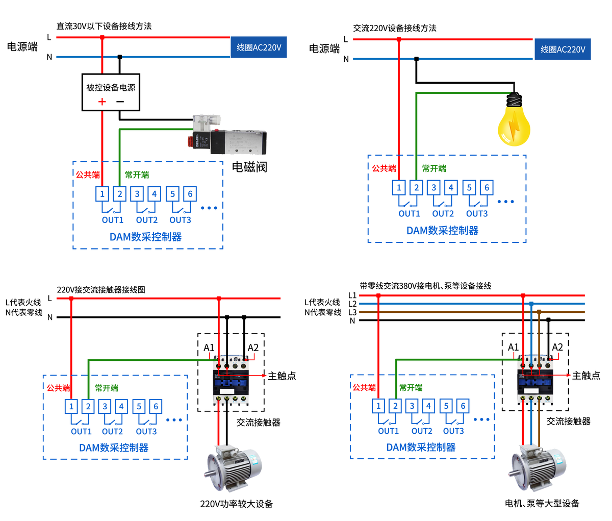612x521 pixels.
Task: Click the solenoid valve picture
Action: pyautogui.click(x=227, y=135)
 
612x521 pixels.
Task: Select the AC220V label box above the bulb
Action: pyautogui.click(x=563, y=49)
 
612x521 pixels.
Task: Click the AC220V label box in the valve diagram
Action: pyautogui.click(x=259, y=47)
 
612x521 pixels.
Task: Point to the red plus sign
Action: pyautogui.click(x=102, y=102)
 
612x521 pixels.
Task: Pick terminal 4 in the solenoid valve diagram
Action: pyautogui.click(x=155, y=194)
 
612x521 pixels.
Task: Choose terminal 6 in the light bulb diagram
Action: pyautogui.click(x=487, y=188)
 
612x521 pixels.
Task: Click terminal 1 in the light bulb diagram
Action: pyautogui.click(x=399, y=188)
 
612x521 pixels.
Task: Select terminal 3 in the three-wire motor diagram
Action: pyautogui.click(x=412, y=406)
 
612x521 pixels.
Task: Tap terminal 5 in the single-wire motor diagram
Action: pyautogui.click(x=139, y=407)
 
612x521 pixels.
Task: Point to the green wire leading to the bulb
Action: pyautogui.click(x=459, y=93)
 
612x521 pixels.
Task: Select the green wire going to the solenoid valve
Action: pyautogui.click(x=153, y=129)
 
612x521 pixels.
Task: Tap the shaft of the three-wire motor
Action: pyautogui.click(x=511, y=475)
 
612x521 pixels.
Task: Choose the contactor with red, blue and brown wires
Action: pyautogui.click(x=534, y=380)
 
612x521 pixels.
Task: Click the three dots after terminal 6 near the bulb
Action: pyautogui.click(x=505, y=202)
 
